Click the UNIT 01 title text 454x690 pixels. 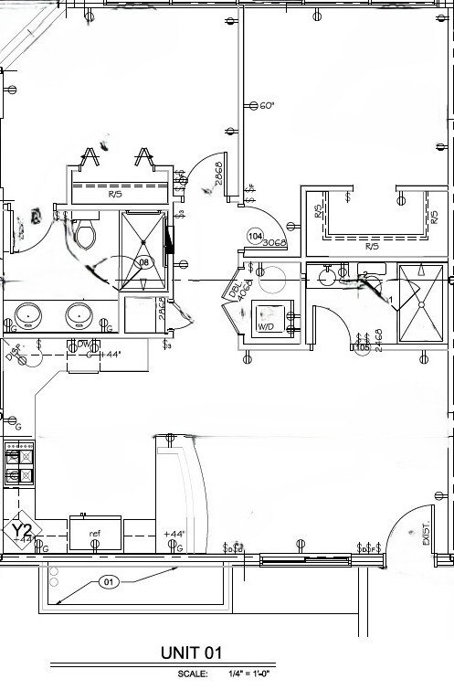[x=192, y=653]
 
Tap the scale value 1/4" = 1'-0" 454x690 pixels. [x=248, y=674]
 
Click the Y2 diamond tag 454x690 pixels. [x=22, y=531]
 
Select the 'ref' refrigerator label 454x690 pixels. [x=94, y=533]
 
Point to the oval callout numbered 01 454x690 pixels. [x=109, y=581]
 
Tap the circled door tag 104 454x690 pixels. [x=256, y=236]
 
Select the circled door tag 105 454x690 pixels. [x=363, y=346]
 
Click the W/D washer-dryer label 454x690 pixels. [x=267, y=325]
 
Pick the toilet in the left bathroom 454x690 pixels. [x=86, y=236]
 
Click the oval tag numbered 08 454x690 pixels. [x=143, y=262]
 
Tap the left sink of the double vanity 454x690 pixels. [x=31, y=315]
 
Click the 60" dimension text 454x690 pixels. [x=267, y=106]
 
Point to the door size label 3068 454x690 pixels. [x=274, y=243]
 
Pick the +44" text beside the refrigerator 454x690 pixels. [x=174, y=534]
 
